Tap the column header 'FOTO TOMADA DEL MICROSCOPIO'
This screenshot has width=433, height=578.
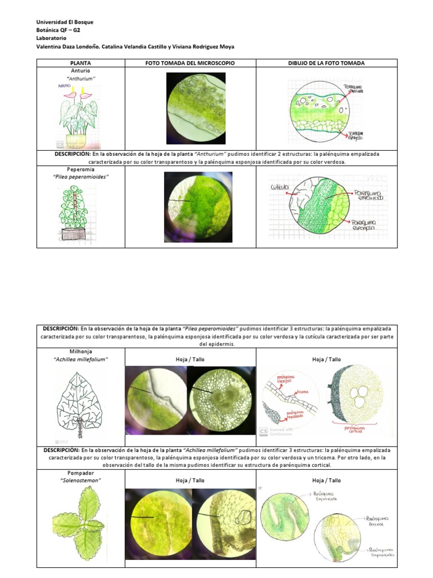point(190,63)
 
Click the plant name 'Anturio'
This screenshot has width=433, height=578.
point(81,71)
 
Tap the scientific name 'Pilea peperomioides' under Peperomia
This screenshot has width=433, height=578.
point(81,177)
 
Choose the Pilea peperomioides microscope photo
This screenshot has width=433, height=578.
point(190,207)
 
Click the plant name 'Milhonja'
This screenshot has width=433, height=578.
point(81,351)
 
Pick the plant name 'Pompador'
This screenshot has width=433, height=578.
point(81,472)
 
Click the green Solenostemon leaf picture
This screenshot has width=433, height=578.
point(78,520)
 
